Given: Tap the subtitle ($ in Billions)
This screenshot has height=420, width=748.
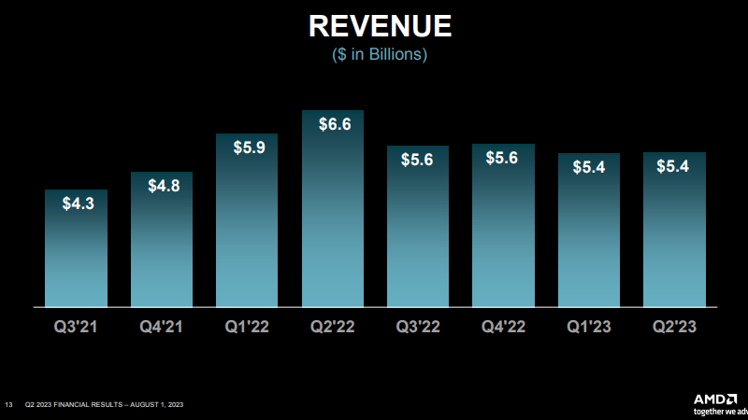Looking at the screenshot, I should coord(380,55).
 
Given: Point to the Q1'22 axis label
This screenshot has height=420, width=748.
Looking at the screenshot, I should coord(247,327).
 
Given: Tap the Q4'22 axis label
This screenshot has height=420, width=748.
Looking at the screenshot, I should coord(503,327).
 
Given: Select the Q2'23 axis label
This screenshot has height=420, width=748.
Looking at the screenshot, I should coord(674,327).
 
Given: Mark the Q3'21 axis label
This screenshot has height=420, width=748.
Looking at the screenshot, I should coord(76,327).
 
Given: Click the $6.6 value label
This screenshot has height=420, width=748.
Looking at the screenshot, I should coord(332,124).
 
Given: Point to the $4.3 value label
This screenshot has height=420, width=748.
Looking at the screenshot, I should coord(76,203).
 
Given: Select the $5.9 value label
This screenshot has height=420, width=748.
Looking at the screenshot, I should coord(247,147).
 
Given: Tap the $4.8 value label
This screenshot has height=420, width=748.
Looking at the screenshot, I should coord(162,185).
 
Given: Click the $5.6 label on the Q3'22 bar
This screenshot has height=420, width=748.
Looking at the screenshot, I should coord(417,160).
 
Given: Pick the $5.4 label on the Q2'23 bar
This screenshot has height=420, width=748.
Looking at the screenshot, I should coord(674,166).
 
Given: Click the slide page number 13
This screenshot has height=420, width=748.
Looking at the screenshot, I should coord(8,404).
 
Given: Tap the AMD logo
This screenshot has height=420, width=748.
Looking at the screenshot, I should coord(721,399).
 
